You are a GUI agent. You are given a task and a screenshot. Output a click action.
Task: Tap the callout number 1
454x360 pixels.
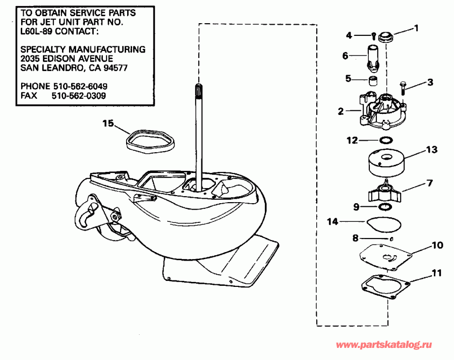(416, 29)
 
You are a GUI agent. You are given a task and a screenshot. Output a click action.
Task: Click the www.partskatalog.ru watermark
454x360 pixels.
(384, 345)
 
